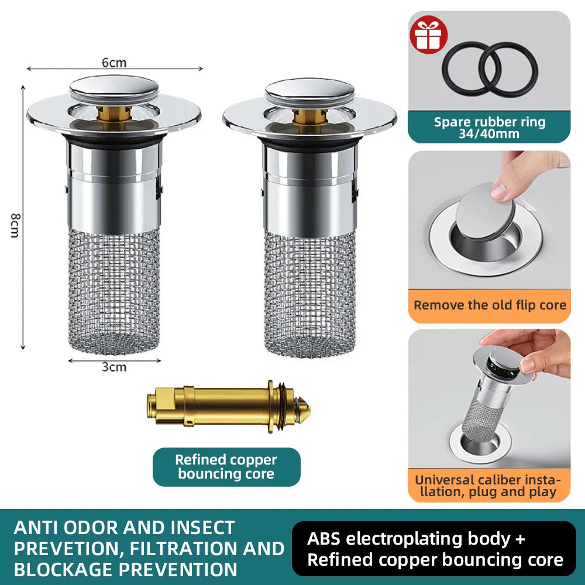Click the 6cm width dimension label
click(x=114, y=63)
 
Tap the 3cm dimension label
click(x=114, y=367)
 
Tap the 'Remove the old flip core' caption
click(x=489, y=305)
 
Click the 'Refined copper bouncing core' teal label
click(x=226, y=467)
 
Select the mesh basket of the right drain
click(x=309, y=292)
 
